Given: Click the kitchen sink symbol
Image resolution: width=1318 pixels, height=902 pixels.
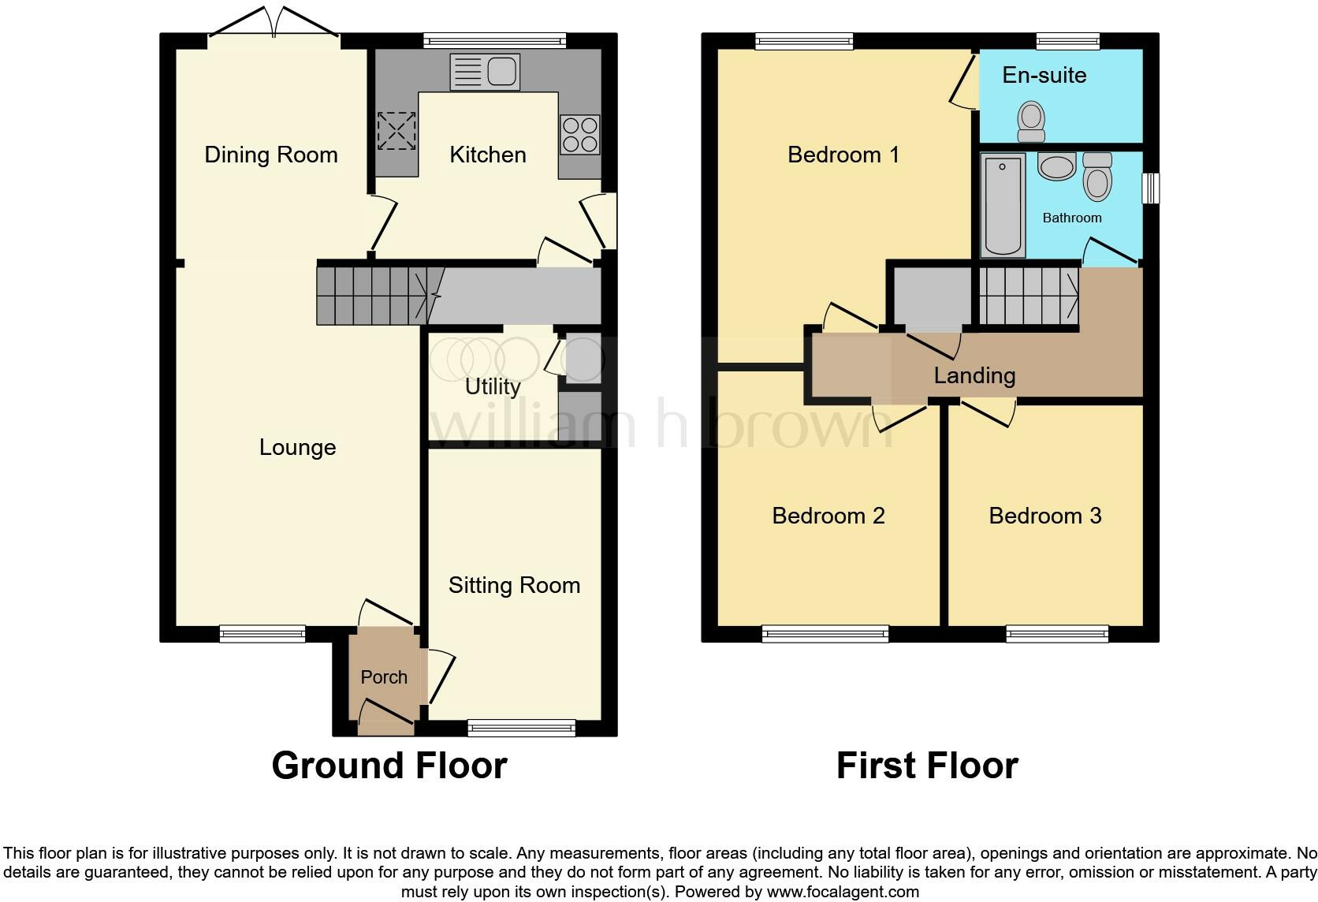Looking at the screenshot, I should pyautogui.click(x=484, y=71).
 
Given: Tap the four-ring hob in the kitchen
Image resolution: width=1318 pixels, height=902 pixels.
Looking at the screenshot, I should pyautogui.click(x=579, y=135).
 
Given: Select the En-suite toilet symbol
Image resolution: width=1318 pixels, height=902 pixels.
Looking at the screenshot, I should pyautogui.click(x=1031, y=122).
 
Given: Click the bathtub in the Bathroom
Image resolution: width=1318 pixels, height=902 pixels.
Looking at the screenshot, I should pyautogui.click(x=1003, y=205).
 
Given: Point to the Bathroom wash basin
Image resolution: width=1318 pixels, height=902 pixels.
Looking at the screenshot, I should pyautogui.click(x=1056, y=166).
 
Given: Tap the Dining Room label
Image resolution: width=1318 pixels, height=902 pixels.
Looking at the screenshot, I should pyautogui.click(x=270, y=155).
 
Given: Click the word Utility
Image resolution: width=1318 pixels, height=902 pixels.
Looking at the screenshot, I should pyautogui.click(x=492, y=386).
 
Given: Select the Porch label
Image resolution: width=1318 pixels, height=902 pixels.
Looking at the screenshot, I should pyautogui.click(x=384, y=677).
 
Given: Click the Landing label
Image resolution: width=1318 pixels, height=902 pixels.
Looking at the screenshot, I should pyautogui.click(x=974, y=375).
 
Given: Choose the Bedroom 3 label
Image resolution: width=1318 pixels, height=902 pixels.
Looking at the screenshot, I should pyautogui.click(x=1044, y=516).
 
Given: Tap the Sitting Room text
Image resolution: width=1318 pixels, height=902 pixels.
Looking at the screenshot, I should pyautogui.click(x=514, y=585).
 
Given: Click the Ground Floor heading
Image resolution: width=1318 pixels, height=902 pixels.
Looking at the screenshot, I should pyautogui.click(x=389, y=766).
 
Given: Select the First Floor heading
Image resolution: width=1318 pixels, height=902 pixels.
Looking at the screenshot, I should pyautogui.click(x=927, y=766).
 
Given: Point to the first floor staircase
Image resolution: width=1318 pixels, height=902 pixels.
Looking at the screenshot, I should pyautogui.click(x=1029, y=296).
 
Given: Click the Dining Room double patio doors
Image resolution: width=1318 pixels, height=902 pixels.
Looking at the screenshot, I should pyautogui.click(x=274, y=24).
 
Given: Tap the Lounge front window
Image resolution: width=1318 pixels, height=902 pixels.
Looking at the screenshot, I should pyautogui.click(x=262, y=633).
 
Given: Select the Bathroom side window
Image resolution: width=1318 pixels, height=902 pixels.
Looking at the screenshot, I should pyautogui.click(x=1151, y=188).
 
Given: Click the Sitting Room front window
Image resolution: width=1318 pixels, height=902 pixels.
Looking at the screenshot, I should pyautogui.click(x=521, y=728).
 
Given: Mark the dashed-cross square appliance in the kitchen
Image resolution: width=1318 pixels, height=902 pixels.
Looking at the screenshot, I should pyautogui.click(x=396, y=131).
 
